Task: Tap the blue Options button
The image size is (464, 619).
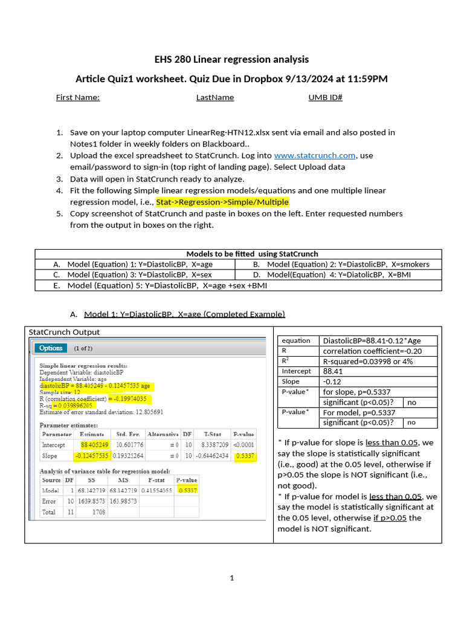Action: click(51, 348)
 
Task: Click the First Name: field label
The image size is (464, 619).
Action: click(77, 97)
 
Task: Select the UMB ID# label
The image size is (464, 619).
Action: click(325, 97)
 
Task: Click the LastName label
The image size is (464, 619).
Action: click(214, 97)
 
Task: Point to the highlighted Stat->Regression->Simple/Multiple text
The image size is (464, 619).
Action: click(222, 202)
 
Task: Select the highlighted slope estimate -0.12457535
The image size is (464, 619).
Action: click(92, 456)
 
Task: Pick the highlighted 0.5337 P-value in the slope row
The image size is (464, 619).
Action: click(245, 456)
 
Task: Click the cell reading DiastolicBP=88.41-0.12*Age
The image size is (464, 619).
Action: click(372, 340)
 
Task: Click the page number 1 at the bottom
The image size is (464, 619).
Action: click(231, 578)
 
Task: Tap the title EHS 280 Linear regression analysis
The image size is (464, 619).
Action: click(231, 59)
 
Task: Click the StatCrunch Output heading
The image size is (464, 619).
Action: click(64, 332)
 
